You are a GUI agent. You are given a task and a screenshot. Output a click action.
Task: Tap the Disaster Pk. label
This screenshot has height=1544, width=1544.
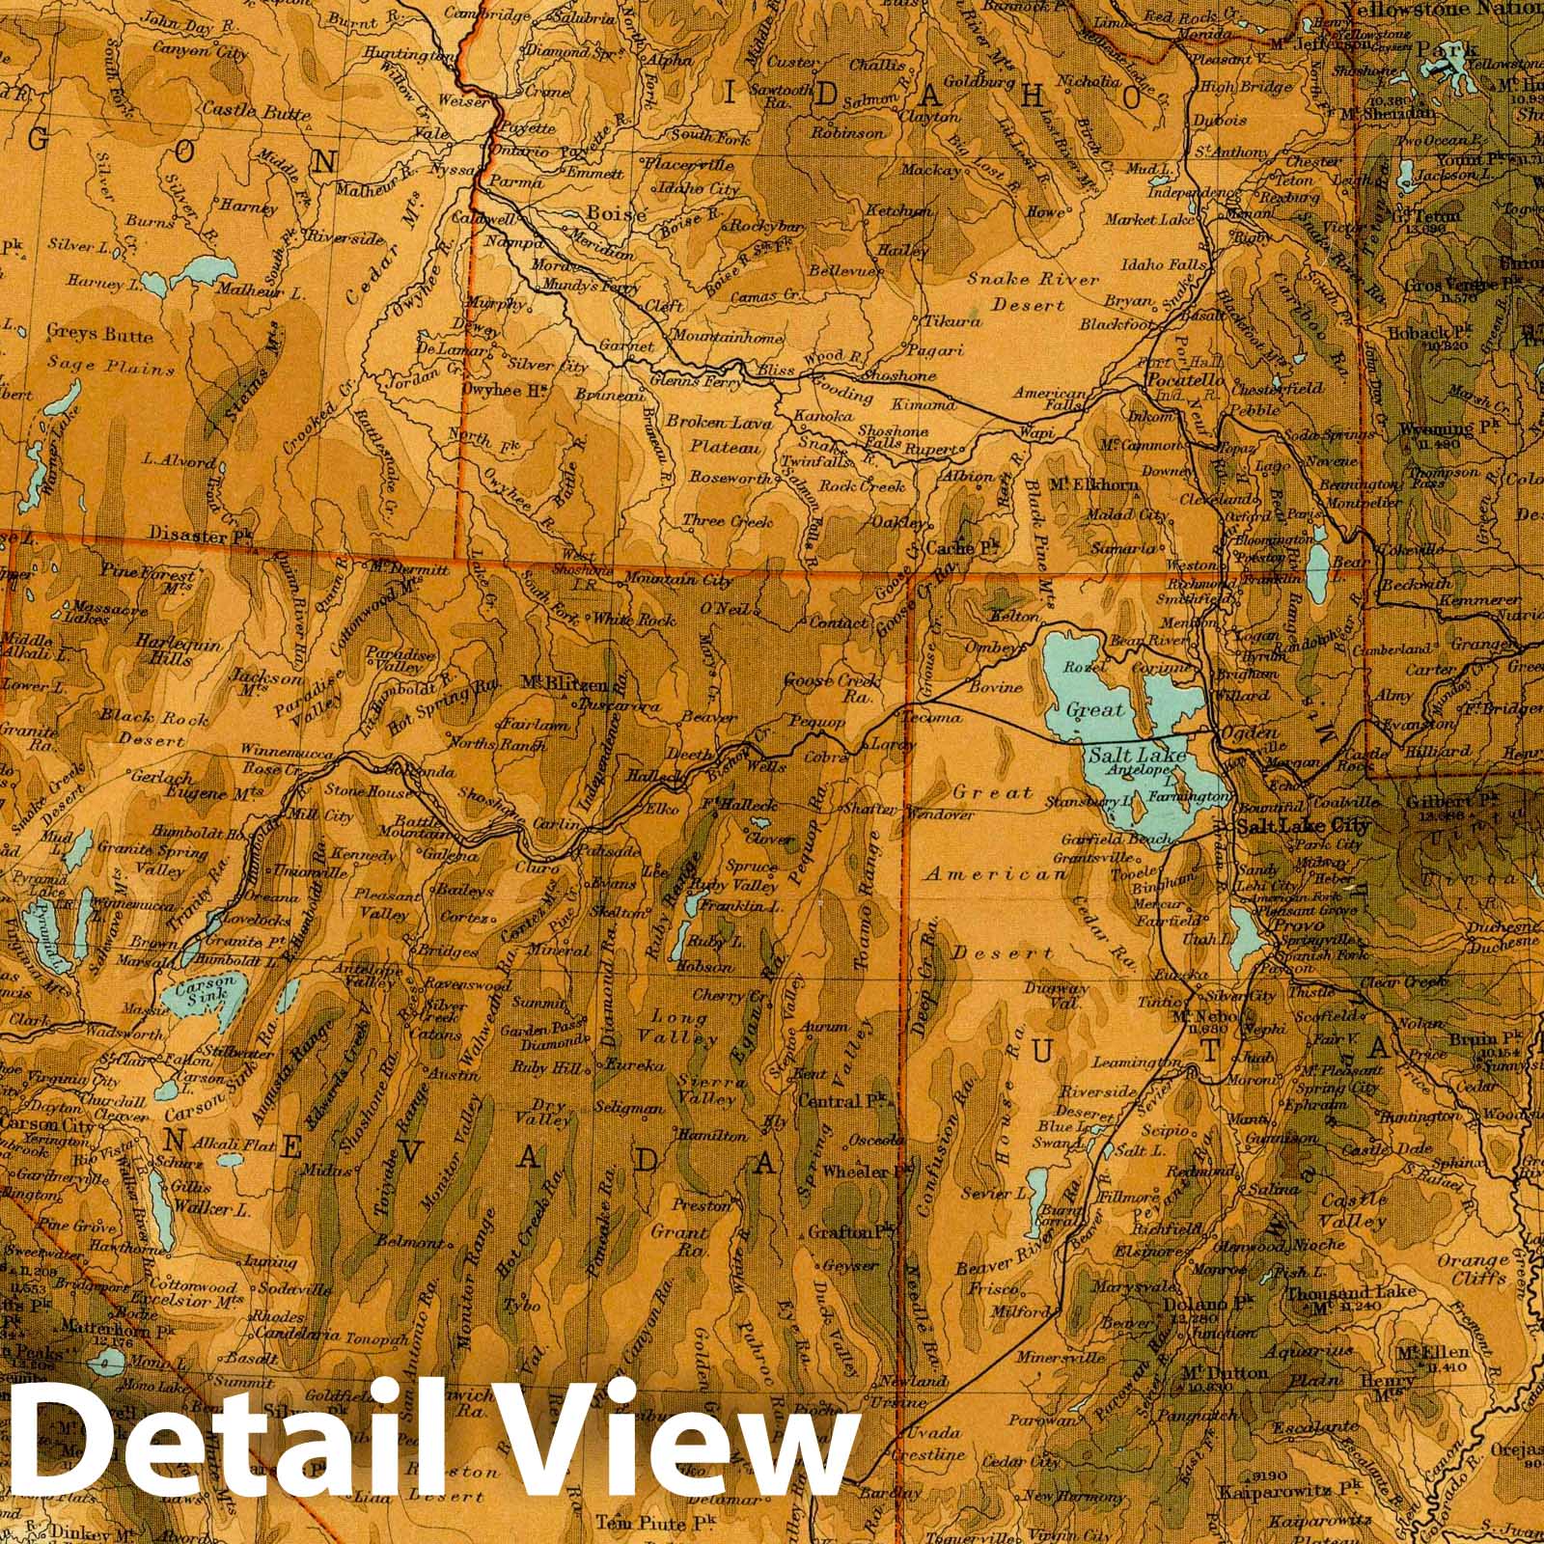201,533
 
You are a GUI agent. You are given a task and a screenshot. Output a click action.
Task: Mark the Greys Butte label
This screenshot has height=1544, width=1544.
100,335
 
